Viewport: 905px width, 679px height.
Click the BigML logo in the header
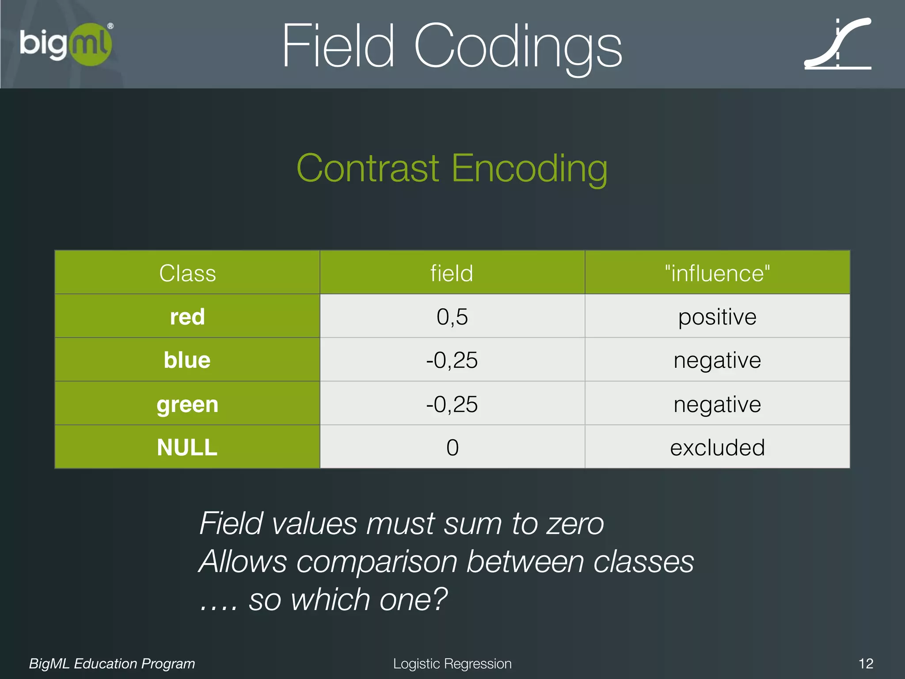click(x=66, y=44)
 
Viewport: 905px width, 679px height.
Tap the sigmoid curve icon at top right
click(x=837, y=44)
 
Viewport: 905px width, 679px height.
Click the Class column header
click(x=187, y=273)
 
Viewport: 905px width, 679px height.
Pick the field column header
click(x=452, y=273)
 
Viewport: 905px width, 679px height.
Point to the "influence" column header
click(x=717, y=273)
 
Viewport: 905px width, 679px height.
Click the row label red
click(x=187, y=317)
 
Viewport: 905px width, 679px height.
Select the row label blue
click(x=187, y=360)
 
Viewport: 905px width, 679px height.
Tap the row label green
click(x=187, y=404)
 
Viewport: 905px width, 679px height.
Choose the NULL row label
click(x=187, y=447)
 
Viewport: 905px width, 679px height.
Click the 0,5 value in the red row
click(x=452, y=317)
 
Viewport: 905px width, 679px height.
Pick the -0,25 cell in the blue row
click(x=452, y=360)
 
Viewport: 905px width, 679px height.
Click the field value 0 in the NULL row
click(x=452, y=447)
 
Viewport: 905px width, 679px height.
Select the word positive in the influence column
click(x=717, y=317)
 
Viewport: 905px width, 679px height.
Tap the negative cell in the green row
click(x=717, y=404)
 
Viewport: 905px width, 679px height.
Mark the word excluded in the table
click(x=717, y=447)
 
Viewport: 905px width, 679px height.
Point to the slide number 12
click(x=866, y=664)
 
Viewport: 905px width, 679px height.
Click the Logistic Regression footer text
click(x=452, y=664)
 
